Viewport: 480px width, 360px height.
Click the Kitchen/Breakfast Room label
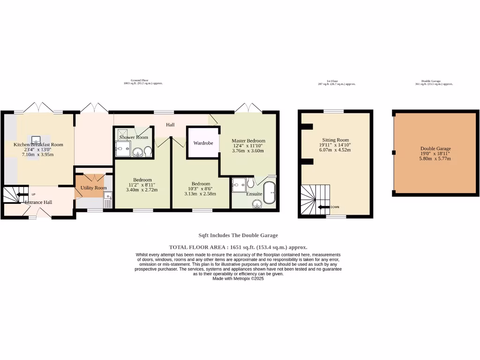pyautogui.click(x=38, y=144)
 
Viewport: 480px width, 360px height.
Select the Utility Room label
pyautogui.click(x=94, y=187)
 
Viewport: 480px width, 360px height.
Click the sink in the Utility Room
pyautogui.click(x=108, y=196)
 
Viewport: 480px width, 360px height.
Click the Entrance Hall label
pyautogui.click(x=38, y=202)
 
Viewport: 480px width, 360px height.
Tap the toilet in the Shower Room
pyautogui.click(x=148, y=151)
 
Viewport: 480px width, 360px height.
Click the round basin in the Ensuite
pyautogui.click(x=256, y=203)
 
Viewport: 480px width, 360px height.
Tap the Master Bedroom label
pyautogui.click(x=248, y=141)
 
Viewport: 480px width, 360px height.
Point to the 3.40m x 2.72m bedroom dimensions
pyautogui.click(x=142, y=190)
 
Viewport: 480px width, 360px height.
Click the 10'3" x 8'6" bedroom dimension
pyautogui.click(x=201, y=189)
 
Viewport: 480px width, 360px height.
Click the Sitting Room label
pyautogui.click(x=336, y=140)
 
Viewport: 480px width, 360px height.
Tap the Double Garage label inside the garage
pyautogui.click(x=435, y=149)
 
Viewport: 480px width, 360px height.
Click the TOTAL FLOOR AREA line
pyautogui.click(x=238, y=247)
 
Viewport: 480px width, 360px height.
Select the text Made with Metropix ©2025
pyautogui.click(x=238, y=278)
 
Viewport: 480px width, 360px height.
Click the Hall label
pyautogui.click(x=170, y=125)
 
